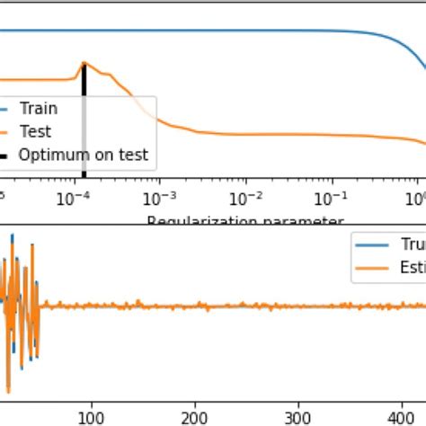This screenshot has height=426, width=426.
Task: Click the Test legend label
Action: pos(36,132)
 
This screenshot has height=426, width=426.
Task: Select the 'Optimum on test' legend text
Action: pos(82,156)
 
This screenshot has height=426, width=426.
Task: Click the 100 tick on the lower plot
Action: pos(91,416)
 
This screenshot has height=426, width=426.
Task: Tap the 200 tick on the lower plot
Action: pos(196,416)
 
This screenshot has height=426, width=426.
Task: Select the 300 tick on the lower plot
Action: pos(301,416)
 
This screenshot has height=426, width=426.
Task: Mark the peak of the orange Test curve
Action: pos(84,64)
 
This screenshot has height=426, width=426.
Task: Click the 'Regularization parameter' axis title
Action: pos(244,220)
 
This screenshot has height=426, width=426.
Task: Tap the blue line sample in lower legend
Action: pos(366,244)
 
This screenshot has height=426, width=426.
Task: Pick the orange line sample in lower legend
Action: pos(366,267)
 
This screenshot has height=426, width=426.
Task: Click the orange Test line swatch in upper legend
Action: pos(4,132)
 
